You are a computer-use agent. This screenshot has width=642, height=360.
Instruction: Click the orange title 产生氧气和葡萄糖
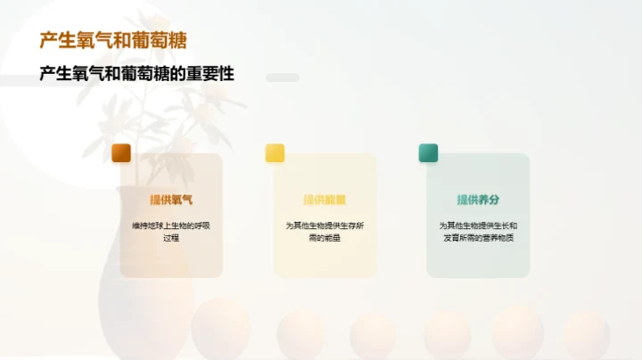click(x=113, y=41)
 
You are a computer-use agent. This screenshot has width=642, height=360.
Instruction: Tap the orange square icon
click(x=121, y=152)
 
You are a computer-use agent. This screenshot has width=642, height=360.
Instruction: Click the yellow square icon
click(x=275, y=152)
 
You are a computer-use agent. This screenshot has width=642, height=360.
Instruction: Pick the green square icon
click(x=428, y=152)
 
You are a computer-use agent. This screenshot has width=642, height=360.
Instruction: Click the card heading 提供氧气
click(x=171, y=200)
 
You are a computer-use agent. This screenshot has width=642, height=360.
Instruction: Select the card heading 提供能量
click(x=325, y=200)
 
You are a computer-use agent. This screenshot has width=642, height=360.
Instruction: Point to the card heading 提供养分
click(x=478, y=200)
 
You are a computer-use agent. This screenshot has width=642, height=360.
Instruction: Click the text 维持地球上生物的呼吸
click(x=171, y=225)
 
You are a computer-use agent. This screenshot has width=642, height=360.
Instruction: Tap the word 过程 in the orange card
click(x=171, y=238)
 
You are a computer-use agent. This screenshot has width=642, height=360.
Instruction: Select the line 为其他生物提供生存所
click(x=325, y=225)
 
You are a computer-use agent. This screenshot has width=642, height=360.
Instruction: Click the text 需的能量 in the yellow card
click(x=325, y=238)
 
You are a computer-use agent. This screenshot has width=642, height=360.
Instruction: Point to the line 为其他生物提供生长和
click(x=478, y=225)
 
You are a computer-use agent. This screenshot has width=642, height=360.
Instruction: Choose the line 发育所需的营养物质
click(x=478, y=238)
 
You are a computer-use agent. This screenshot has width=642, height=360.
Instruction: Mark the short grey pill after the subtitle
click(x=283, y=78)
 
